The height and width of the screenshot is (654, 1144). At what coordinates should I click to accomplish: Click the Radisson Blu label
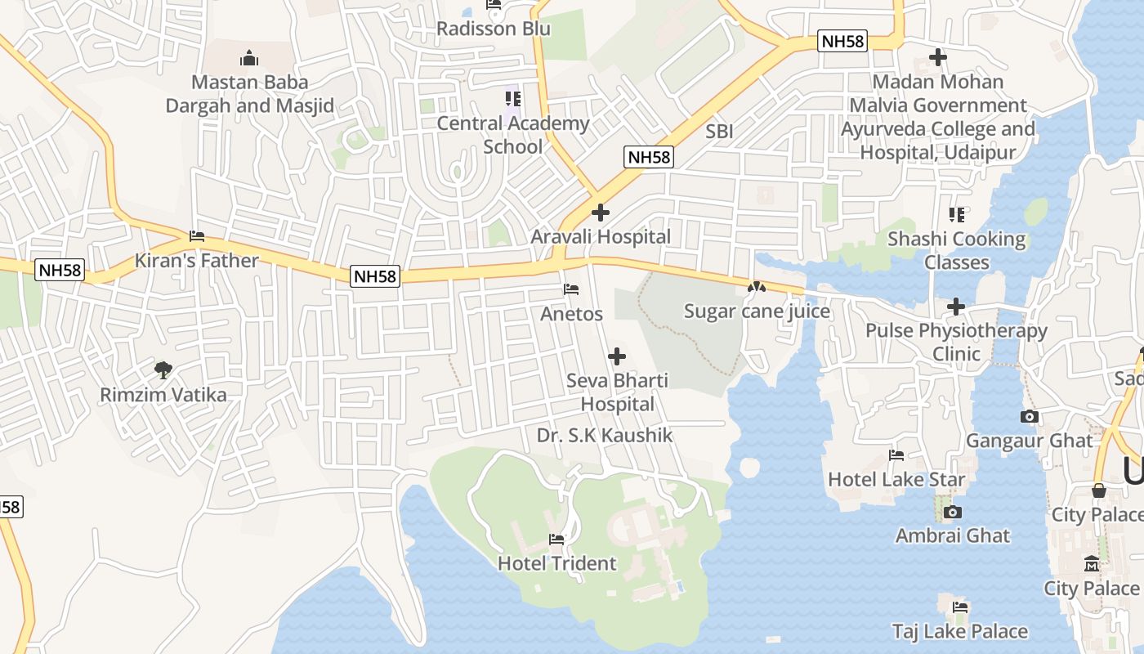click(493, 29)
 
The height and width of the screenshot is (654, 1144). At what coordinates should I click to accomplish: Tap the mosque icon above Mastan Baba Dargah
click(249, 58)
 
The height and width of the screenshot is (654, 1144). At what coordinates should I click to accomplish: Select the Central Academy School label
click(512, 135)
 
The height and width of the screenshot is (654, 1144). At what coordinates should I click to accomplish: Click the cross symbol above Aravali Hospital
click(601, 213)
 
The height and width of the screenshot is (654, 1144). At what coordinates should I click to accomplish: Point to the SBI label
click(719, 131)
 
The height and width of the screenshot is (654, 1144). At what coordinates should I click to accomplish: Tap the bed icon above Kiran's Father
click(197, 236)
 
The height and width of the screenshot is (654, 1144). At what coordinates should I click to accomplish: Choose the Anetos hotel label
click(571, 314)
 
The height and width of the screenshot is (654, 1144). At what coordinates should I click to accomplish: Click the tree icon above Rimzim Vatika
click(163, 370)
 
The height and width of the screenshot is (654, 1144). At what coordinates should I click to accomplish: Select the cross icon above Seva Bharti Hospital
click(617, 356)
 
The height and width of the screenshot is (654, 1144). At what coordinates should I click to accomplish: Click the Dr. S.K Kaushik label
click(605, 436)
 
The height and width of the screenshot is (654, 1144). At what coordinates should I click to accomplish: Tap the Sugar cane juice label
click(757, 311)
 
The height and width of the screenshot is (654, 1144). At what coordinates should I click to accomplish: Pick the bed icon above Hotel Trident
click(556, 540)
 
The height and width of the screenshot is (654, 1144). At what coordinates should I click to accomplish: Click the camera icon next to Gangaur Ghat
click(1030, 417)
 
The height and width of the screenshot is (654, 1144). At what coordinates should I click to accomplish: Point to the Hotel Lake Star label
click(896, 479)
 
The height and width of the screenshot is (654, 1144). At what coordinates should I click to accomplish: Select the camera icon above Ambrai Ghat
click(952, 513)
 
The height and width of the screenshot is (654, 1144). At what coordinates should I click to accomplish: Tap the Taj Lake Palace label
click(959, 631)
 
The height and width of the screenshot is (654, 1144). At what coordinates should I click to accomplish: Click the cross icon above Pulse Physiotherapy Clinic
click(956, 307)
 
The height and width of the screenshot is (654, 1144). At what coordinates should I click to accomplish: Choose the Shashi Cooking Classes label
click(956, 251)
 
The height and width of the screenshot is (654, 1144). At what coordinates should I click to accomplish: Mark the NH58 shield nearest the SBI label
click(649, 158)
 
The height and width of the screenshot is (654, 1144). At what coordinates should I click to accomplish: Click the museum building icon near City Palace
click(1092, 564)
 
